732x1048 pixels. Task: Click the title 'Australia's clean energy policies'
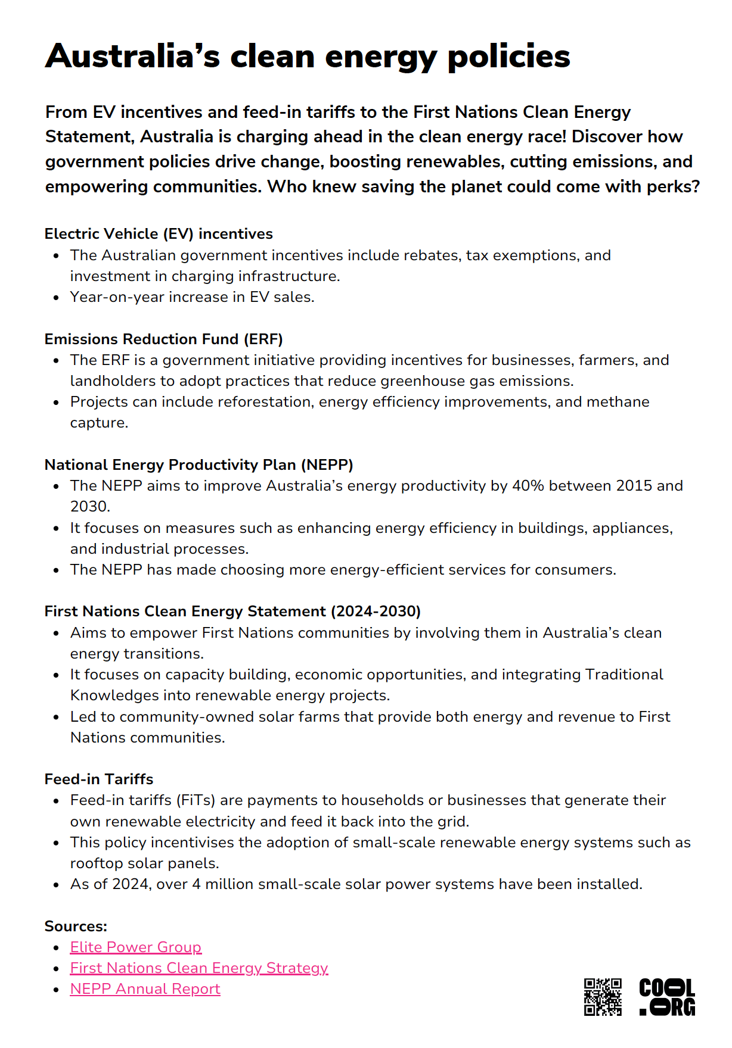308,57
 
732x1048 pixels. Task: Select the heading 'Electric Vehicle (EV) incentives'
159,234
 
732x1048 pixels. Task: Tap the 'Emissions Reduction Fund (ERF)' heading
163,339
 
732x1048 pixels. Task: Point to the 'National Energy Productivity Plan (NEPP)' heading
198,465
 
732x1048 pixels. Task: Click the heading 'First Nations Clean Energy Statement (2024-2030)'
232,612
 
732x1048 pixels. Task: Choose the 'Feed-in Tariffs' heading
99,779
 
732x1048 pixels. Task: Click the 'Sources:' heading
76,927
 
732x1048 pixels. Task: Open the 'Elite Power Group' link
136,947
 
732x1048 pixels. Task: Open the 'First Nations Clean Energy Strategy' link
199,968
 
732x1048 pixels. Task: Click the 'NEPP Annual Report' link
145,989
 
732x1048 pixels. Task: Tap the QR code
603,997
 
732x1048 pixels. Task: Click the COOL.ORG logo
667,997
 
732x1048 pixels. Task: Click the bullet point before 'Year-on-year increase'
56,298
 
